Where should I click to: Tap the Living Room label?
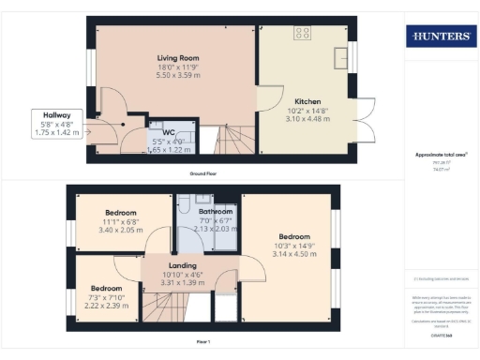click(x=177, y=58)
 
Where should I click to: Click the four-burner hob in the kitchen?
click(x=303, y=33)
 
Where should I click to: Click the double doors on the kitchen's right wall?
click(x=365, y=120)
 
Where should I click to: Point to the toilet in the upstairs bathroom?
click(x=186, y=204)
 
